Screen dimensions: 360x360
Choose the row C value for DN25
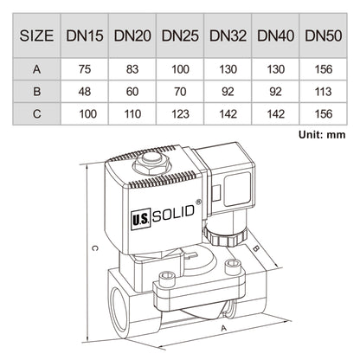pos(180,112)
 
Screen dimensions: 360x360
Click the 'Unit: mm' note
pos(322,134)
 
